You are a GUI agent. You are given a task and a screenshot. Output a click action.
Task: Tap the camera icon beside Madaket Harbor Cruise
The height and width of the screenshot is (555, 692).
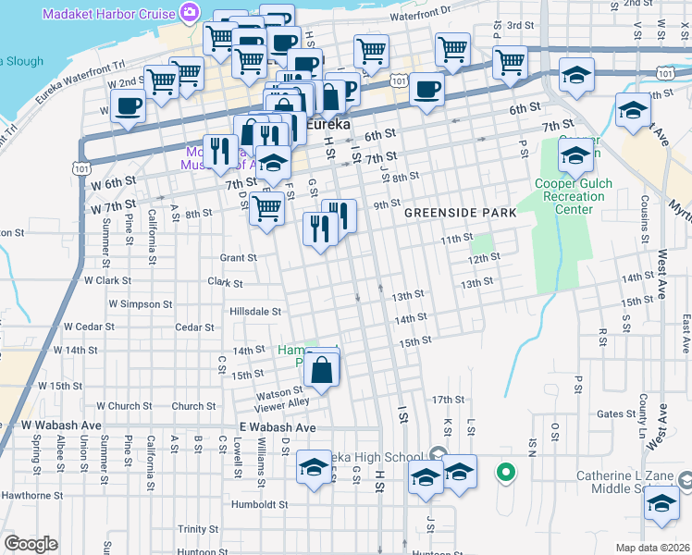[190, 11]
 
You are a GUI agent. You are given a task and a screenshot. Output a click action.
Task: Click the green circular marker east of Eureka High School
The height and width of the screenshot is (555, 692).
[505, 474]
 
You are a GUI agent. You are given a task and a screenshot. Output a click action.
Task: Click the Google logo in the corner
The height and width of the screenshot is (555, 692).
[31, 544]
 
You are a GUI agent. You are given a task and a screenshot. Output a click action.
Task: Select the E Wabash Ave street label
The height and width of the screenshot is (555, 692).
[278, 427]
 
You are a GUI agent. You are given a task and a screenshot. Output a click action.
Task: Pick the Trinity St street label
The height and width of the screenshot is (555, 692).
[198, 529]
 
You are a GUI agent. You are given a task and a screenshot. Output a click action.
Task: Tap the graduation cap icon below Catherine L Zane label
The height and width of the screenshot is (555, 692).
[661, 505]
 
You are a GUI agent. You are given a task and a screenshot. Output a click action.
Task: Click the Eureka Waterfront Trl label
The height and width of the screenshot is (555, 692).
[79, 82]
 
